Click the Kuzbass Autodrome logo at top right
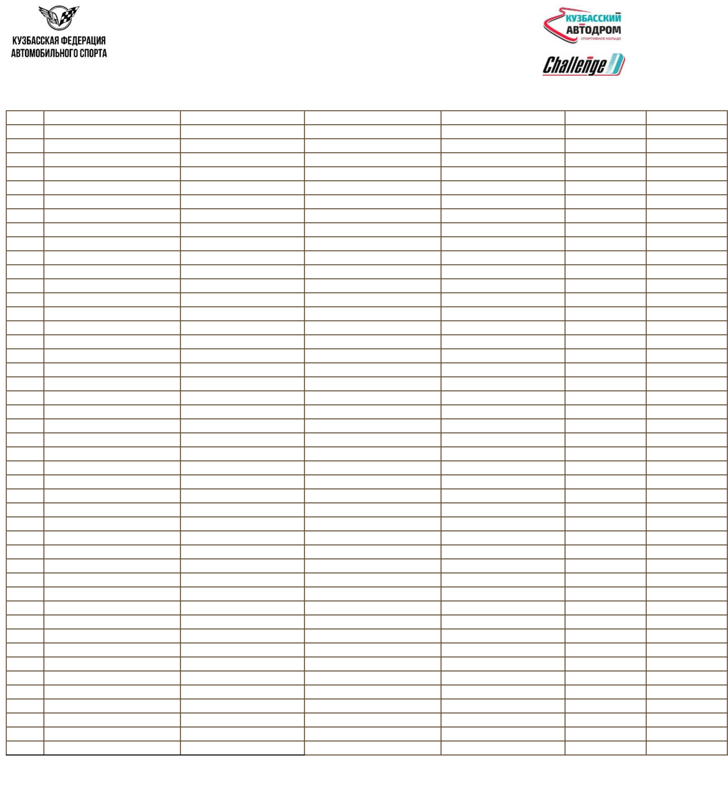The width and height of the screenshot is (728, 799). click(582, 26)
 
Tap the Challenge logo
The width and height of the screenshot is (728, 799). click(583, 65)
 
